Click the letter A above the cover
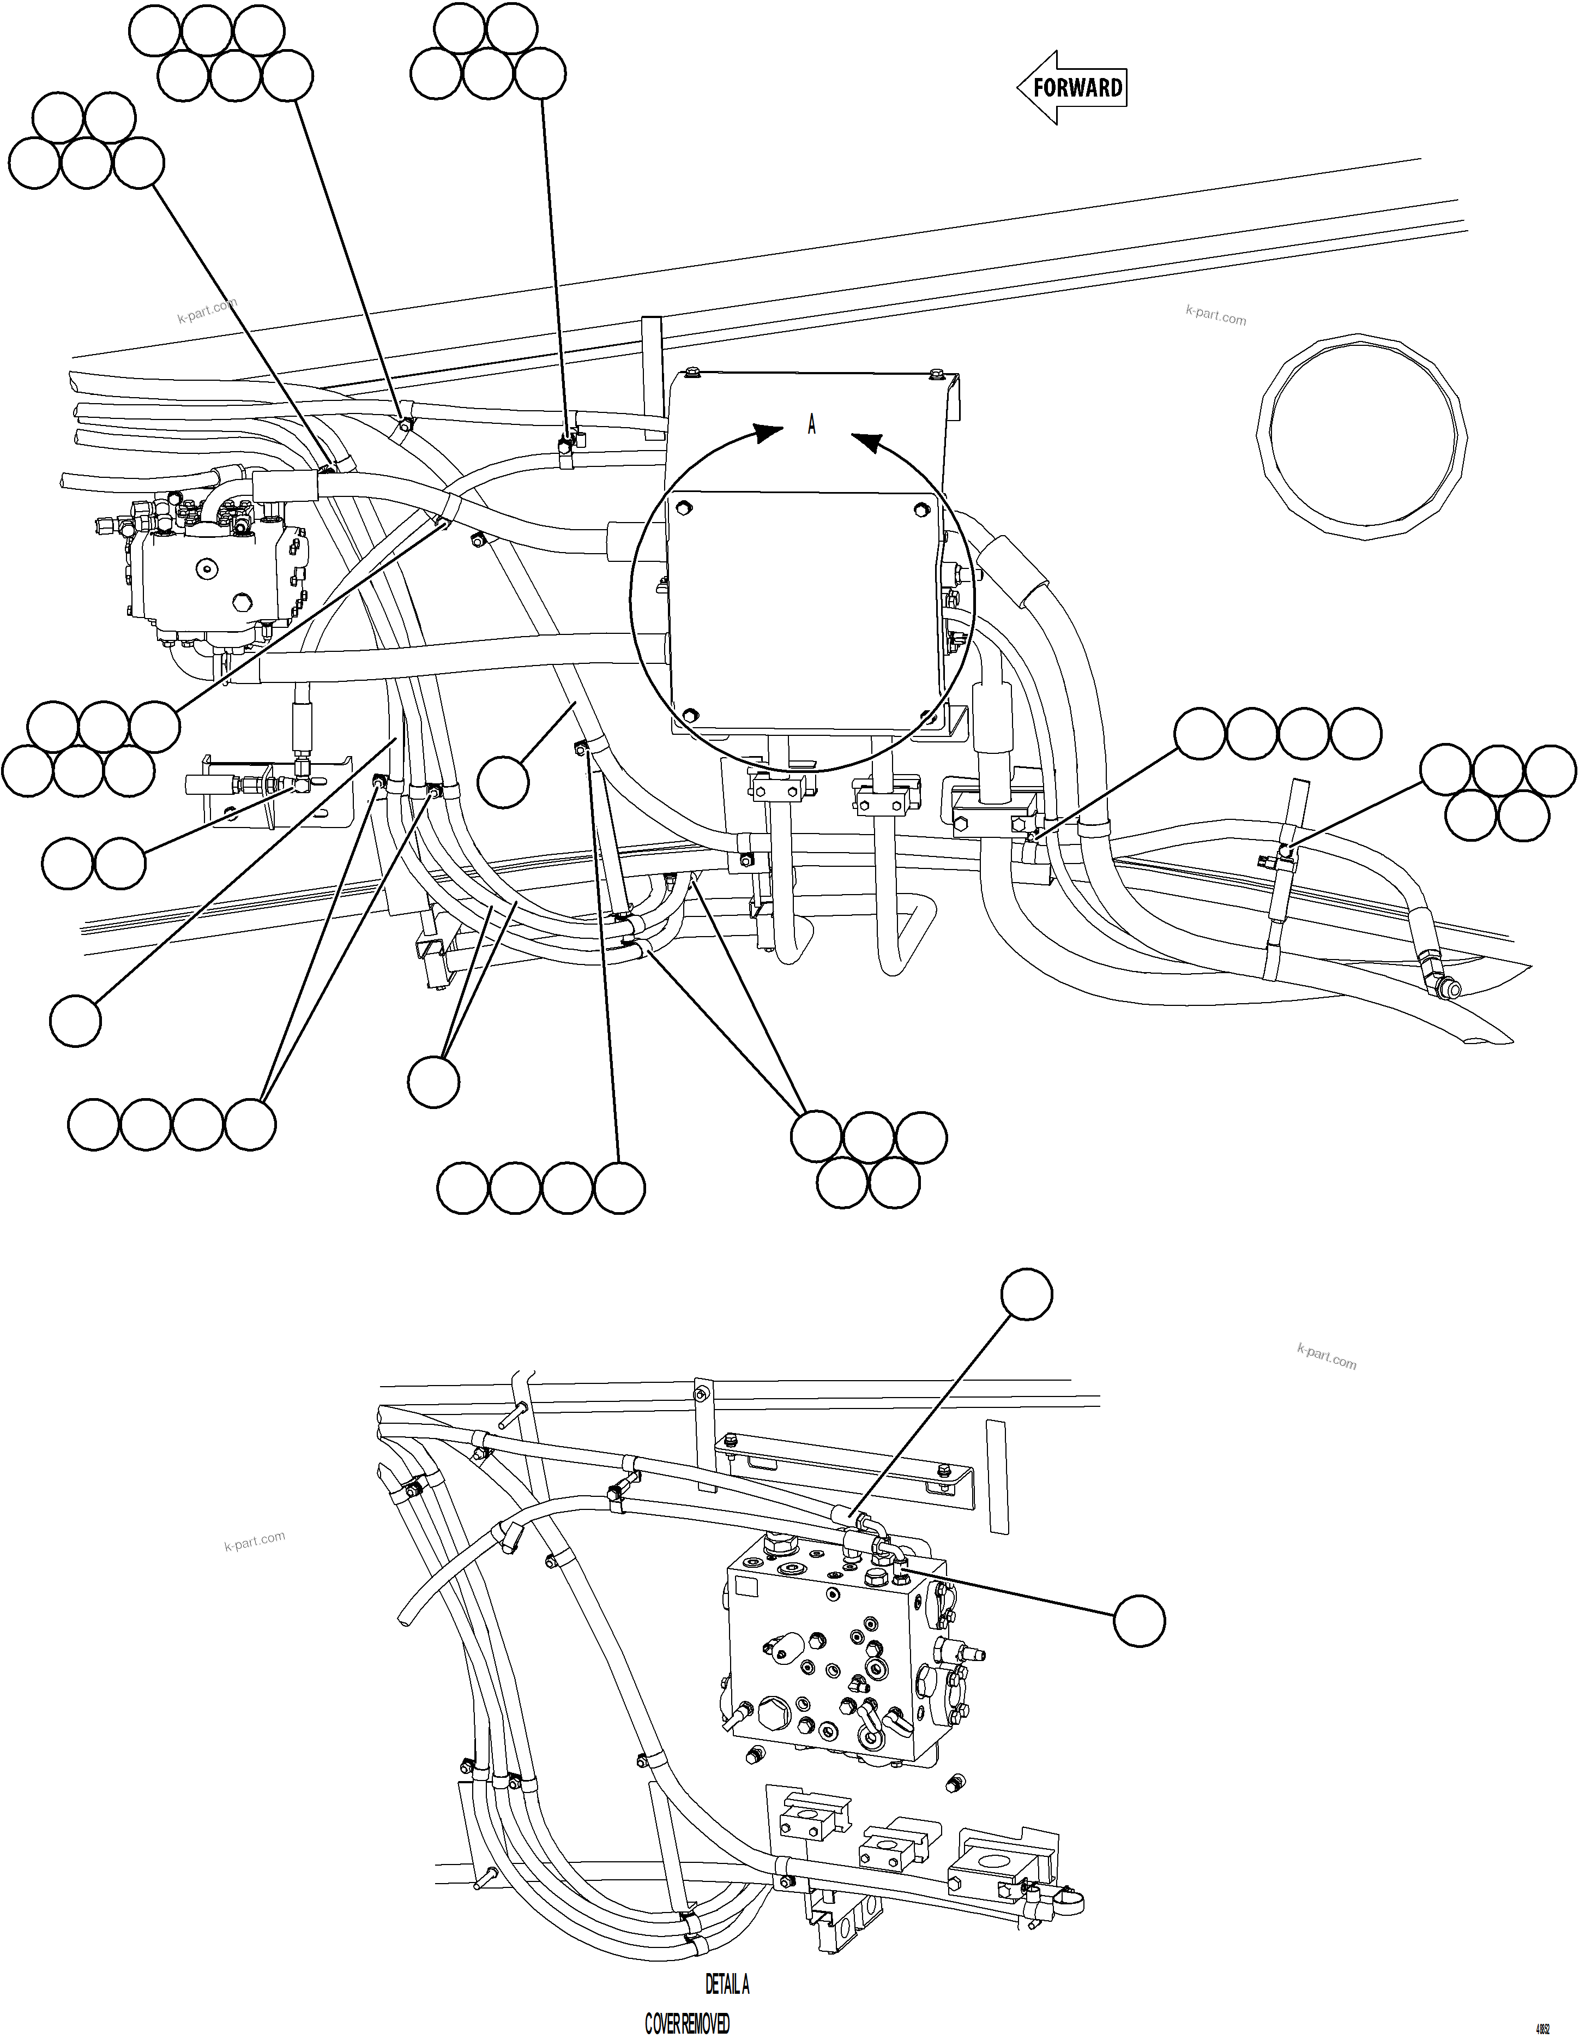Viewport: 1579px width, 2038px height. pyautogui.click(x=811, y=425)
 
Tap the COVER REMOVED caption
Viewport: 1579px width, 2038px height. pyautogui.click(x=688, y=2023)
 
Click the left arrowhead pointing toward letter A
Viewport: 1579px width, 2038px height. pyautogui.click(x=769, y=433)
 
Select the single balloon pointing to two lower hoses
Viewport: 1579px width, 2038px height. pyautogui.click(x=433, y=1082)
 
